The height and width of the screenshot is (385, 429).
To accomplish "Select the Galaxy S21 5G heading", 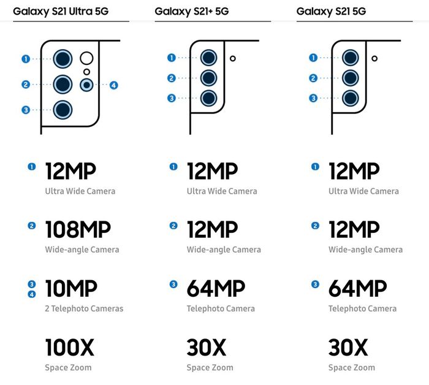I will pos(332,11).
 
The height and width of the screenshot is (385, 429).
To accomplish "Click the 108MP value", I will pos(78,230).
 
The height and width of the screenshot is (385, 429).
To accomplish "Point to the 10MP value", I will pos(71,289).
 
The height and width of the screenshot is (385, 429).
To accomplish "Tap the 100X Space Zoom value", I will pos(69,348).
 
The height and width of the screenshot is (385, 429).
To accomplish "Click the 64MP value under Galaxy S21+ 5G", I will pos(216,289).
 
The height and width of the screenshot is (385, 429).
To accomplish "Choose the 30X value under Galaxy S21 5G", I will pos(348,348).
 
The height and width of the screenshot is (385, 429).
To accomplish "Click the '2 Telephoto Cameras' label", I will pos(84,308).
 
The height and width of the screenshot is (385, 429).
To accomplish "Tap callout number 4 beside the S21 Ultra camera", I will pos(113,85).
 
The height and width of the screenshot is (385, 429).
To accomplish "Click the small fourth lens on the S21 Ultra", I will pos(87,85).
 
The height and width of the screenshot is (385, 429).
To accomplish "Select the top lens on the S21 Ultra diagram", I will pos(63,59).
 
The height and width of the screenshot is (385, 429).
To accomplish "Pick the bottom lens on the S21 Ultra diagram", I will pos(63,110).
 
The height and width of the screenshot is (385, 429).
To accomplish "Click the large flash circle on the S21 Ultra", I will pos(86,59).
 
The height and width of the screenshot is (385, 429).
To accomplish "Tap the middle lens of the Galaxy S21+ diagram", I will pos(209,78).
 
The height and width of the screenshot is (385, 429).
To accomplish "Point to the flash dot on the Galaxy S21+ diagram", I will pos(233,59).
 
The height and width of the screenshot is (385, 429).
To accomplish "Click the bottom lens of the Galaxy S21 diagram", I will pos(351,97).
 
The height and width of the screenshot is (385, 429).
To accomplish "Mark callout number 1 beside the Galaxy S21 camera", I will pos(313,58).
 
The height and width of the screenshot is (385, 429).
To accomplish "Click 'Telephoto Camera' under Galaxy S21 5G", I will pos(362,308).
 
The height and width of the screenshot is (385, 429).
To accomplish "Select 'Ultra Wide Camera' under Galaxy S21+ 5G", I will pos(222,191).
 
